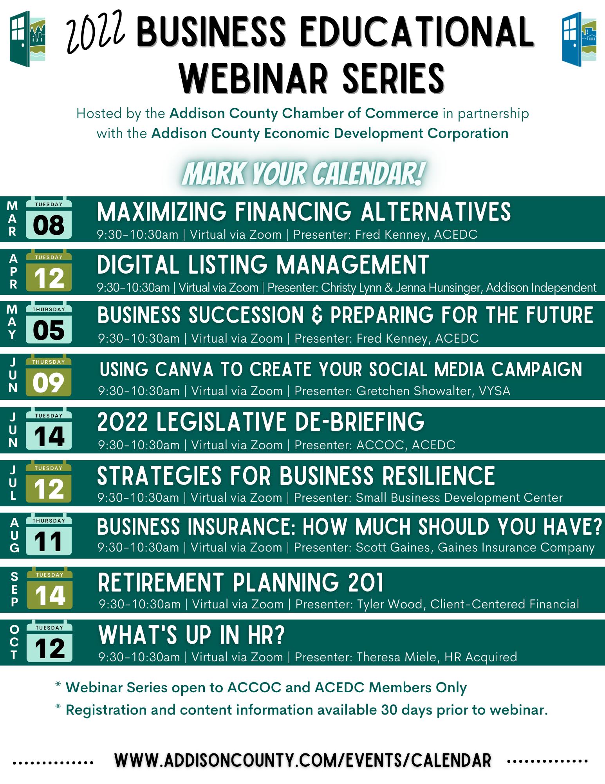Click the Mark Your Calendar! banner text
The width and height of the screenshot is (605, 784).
[x=302, y=173]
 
